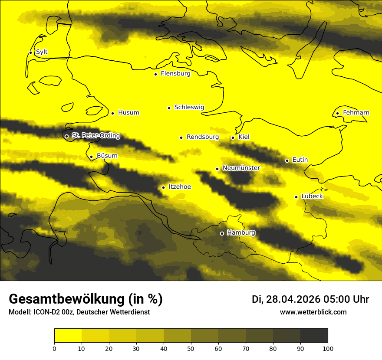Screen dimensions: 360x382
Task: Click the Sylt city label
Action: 42,52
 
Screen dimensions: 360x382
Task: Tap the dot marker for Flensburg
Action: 155,74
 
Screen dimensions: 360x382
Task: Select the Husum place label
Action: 128,113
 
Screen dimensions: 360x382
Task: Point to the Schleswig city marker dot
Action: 169,108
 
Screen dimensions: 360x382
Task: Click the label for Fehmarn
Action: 356,113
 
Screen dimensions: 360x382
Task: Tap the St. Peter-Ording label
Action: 95,136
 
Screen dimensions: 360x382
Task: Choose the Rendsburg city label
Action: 203,137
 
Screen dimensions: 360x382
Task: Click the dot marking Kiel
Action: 233,137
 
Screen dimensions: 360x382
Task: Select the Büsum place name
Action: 107,156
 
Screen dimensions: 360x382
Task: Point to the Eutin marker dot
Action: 287,160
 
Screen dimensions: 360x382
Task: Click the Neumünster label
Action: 241,168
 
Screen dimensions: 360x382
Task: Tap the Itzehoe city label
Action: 180,187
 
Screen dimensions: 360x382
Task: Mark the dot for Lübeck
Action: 296,197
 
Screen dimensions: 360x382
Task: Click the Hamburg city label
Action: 241,232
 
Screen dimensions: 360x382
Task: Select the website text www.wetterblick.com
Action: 313,312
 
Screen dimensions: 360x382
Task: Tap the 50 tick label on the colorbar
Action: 191,348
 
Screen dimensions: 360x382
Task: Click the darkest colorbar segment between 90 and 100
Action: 314,336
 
